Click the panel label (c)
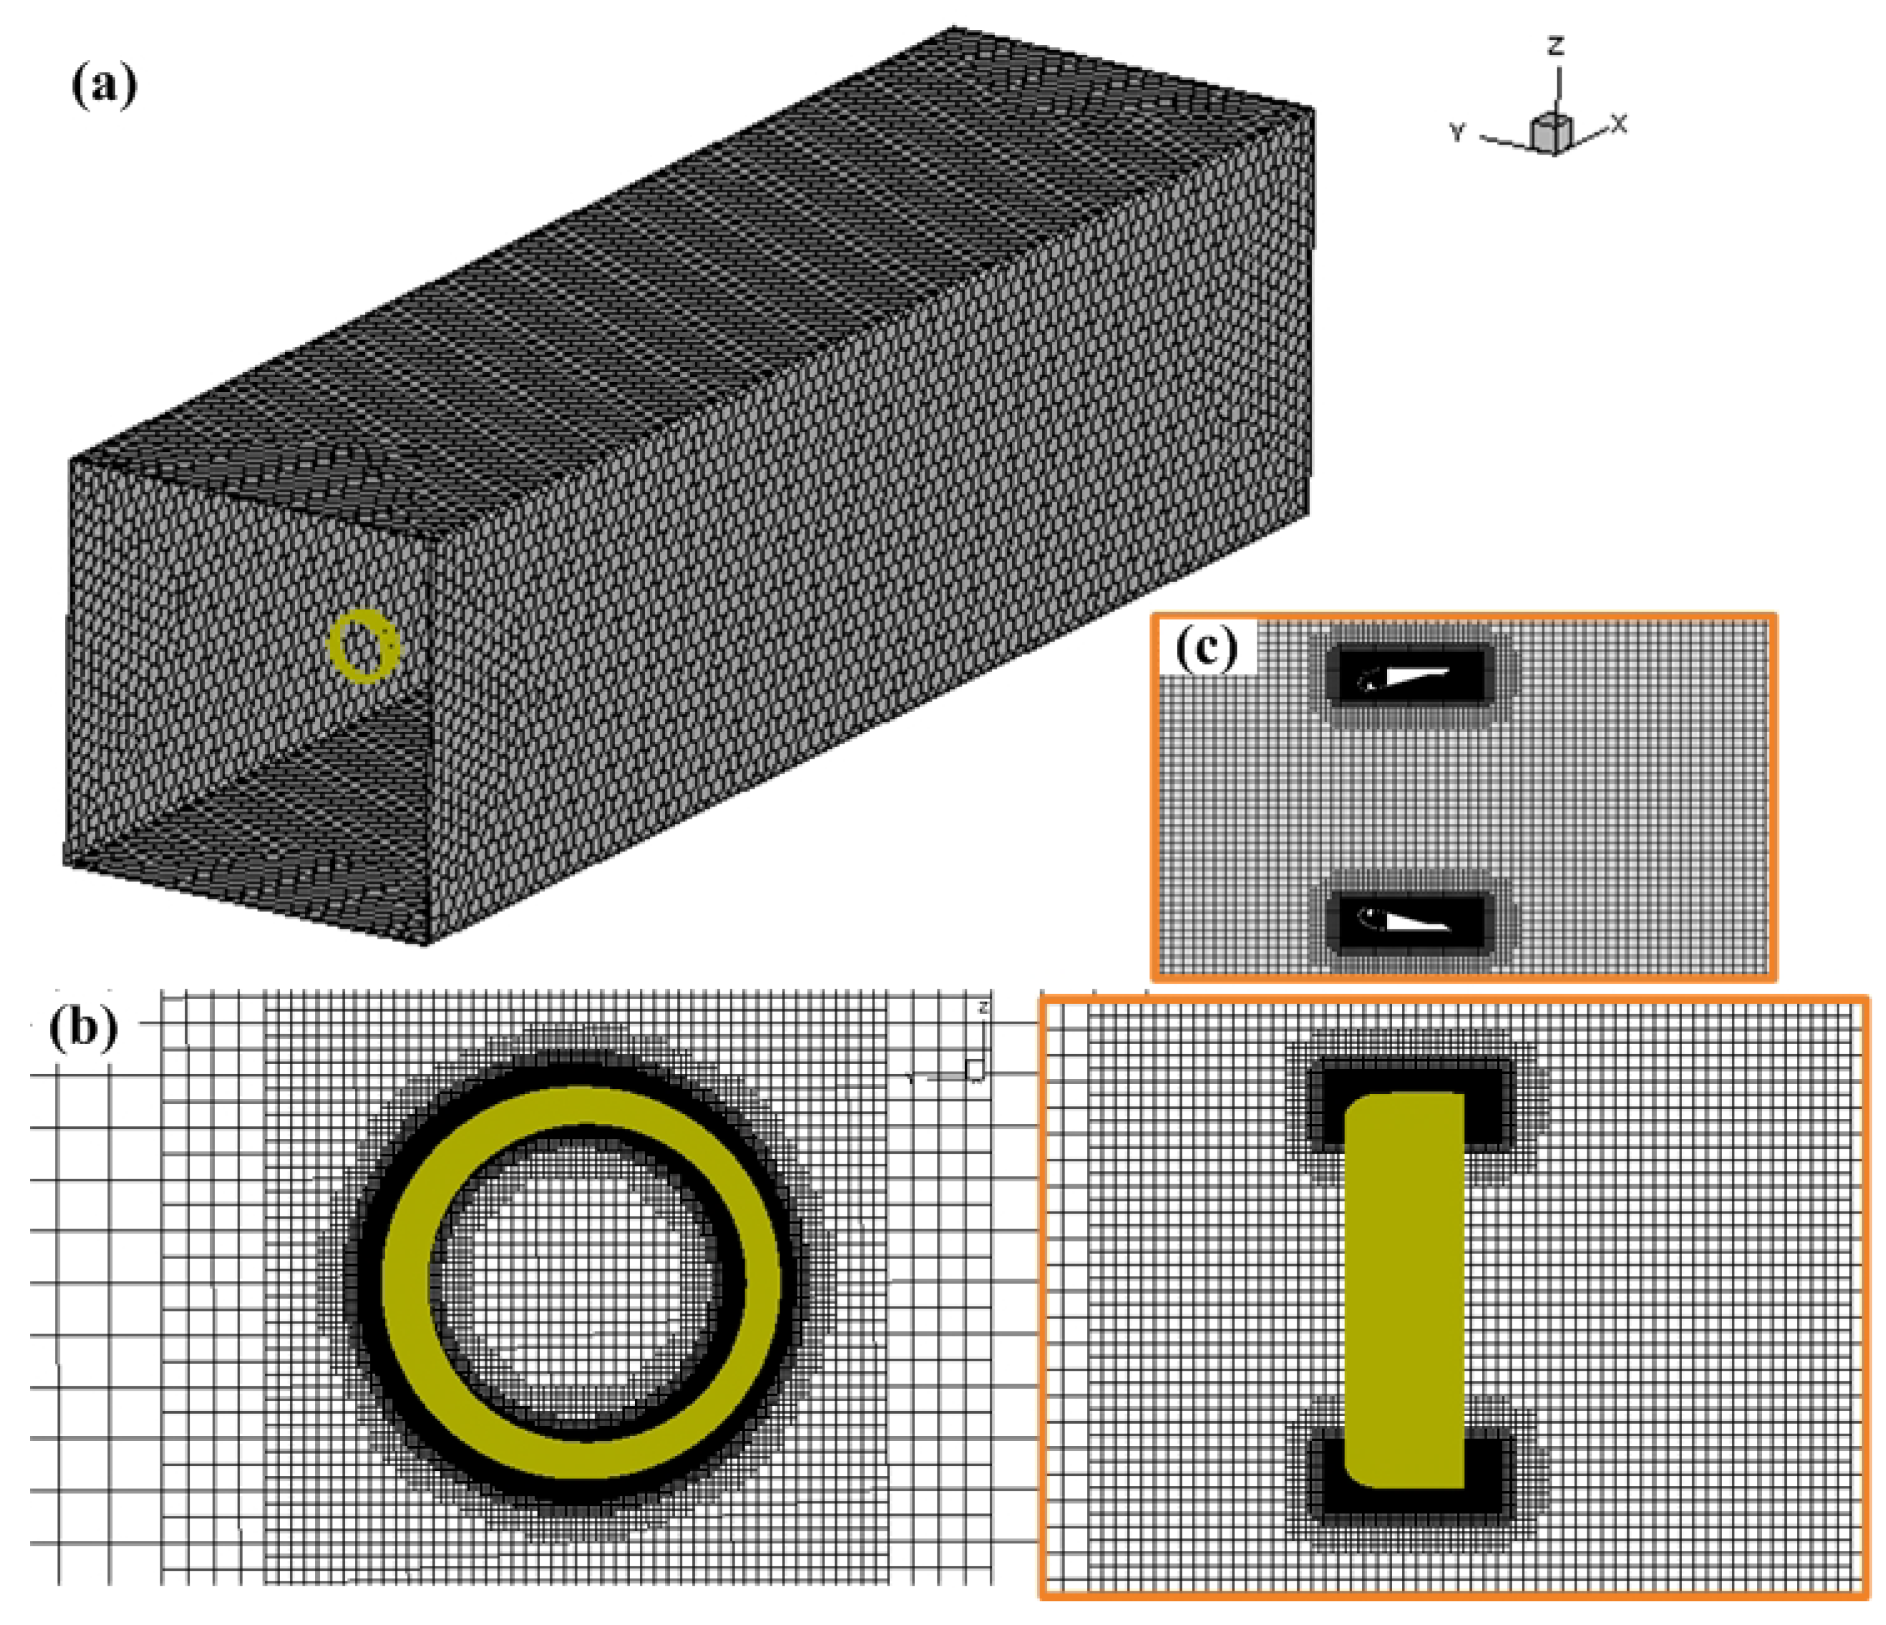[1207, 649]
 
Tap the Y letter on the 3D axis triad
[1458, 133]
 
